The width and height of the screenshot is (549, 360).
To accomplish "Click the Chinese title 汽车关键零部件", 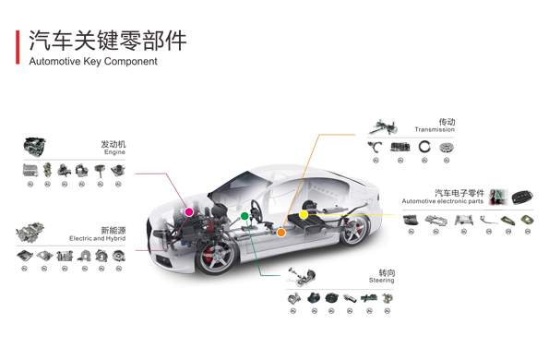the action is (x=107, y=42).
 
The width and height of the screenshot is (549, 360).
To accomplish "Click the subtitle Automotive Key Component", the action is (x=93, y=62).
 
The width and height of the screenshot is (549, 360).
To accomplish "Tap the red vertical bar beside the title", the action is (x=18, y=47).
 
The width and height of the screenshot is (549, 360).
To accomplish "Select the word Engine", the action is (x=114, y=152).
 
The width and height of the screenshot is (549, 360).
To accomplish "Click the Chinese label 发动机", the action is (x=113, y=144).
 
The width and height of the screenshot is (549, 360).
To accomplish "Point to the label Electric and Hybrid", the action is (x=97, y=238).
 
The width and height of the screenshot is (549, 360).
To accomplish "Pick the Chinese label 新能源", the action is (x=113, y=230).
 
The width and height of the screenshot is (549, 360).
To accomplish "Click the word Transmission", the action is (x=435, y=130).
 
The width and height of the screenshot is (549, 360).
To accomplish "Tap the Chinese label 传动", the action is (x=447, y=122).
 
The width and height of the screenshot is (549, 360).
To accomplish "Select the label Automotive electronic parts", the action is (x=442, y=201).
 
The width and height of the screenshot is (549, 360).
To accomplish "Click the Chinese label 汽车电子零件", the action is (x=459, y=193).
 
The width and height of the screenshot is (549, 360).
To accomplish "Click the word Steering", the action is (x=382, y=281).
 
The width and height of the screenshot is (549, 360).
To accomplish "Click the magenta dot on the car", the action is (x=189, y=212).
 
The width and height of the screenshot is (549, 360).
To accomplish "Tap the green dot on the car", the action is (x=245, y=216).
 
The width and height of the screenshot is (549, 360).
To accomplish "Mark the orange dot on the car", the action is (x=280, y=233).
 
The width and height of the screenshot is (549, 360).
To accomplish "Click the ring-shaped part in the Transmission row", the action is (x=424, y=147).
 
